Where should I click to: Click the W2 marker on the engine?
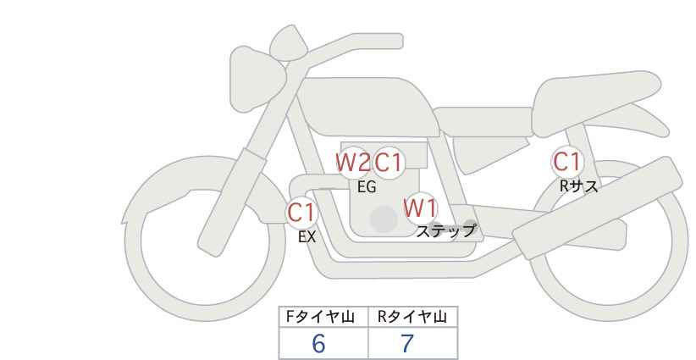tap(352, 162)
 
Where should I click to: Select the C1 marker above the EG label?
tap(389, 162)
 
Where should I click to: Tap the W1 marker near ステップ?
tap(420, 208)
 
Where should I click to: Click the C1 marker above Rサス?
tap(566, 161)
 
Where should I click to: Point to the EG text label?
tap(367, 188)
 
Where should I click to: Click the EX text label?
tap(307, 237)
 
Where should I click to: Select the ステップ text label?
tap(445, 230)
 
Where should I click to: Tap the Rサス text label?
tap(578, 186)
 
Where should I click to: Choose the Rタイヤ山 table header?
tap(412, 317)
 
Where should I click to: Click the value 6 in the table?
tap(318, 344)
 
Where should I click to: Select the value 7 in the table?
tap(407, 344)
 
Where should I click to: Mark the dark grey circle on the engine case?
tap(384, 219)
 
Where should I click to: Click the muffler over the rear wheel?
tap(601, 203)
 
